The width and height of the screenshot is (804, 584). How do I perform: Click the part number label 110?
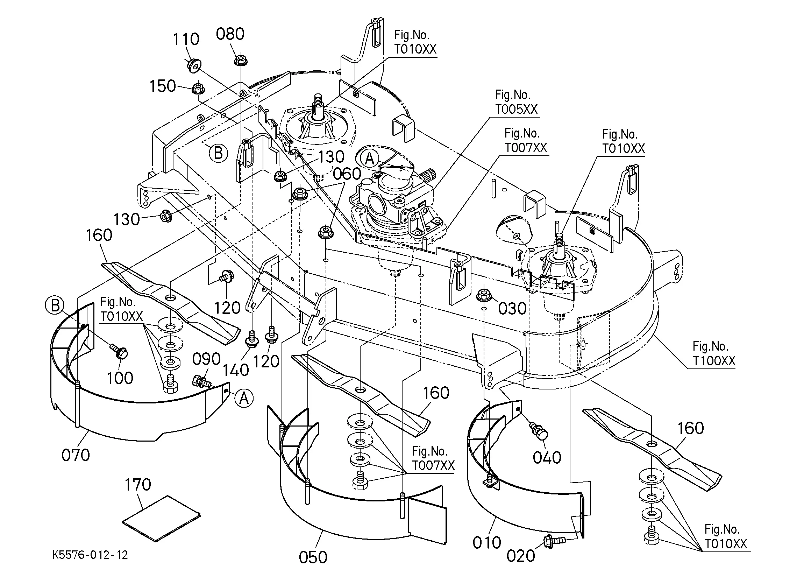click(186, 39)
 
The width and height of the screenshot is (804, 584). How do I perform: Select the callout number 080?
click(230, 34)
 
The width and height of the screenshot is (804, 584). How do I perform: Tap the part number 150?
click(162, 86)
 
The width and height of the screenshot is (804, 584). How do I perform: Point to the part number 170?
click(138, 484)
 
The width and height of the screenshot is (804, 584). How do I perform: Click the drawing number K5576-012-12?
click(90, 555)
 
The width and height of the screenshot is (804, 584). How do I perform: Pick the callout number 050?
click(313, 557)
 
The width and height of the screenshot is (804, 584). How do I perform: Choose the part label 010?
click(487, 542)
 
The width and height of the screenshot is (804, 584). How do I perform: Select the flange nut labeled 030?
click(484, 295)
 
